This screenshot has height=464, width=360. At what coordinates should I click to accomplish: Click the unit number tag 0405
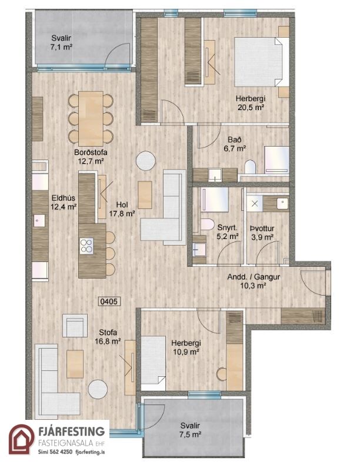click(x=109, y=301)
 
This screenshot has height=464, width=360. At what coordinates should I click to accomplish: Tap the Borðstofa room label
click(x=91, y=153)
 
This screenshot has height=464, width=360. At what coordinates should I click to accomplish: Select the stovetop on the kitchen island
click(x=86, y=246)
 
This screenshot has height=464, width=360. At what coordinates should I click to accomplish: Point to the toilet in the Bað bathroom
click(x=250, y=167)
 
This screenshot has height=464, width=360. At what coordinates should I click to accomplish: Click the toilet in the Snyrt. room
click(x=208, y=224)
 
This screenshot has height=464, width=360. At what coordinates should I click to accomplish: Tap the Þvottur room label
click(x=262, y=228)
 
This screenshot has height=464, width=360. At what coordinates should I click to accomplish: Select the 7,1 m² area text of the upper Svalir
click(x=61, y=47)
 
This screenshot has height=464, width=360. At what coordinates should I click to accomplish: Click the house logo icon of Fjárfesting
click(x=21, y=439)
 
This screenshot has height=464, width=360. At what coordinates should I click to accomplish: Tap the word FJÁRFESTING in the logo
click(x=72, y=431)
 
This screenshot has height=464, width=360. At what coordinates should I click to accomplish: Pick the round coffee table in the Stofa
click(x=98, y=389)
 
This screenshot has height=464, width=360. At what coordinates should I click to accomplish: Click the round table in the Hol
click(x=146, y=161)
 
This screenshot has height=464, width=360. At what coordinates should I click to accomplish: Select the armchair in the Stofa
click(x=75, y=326)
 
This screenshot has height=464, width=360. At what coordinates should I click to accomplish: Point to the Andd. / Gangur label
click(x=254, y=277)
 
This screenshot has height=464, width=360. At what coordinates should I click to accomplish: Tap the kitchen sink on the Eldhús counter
click(x=39, y=221)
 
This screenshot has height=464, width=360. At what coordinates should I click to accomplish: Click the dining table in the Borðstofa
click(x=91, y=119)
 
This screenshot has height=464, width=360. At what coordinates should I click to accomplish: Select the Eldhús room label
click(x=64, y=198)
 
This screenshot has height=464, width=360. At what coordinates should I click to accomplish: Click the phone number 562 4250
click(x=61, y=452)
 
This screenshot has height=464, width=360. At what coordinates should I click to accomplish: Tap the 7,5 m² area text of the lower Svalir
click(x=191, y=435)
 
